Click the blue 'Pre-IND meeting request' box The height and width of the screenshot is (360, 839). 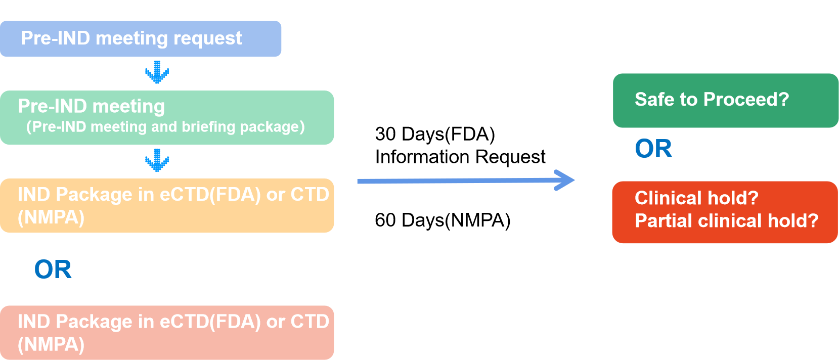tap(141, 39)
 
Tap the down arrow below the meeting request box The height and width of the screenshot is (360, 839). tap(157, 72)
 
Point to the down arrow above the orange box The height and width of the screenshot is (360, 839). tap(157, 160)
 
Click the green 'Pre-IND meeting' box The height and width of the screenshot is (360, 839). tap(167, 117)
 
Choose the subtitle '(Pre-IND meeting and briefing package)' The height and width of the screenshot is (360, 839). tap(165, 126)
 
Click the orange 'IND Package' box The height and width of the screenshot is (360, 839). tap(167, 206)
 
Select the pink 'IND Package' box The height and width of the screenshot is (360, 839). tap(167, 333)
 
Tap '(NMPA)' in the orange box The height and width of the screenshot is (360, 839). tap(51, 217)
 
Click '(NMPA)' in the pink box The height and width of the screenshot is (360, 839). tap(51, 344)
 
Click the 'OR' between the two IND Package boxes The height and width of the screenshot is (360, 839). tap(53, 269)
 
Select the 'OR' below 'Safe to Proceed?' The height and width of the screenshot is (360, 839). tap(653, 149)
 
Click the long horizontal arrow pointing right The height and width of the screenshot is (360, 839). tap(465, 181)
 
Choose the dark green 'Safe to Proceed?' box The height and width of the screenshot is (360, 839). tap(725, 100)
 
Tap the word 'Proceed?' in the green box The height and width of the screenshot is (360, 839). tap(746, 100)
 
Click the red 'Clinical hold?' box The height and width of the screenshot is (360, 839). tap(725, 212)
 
